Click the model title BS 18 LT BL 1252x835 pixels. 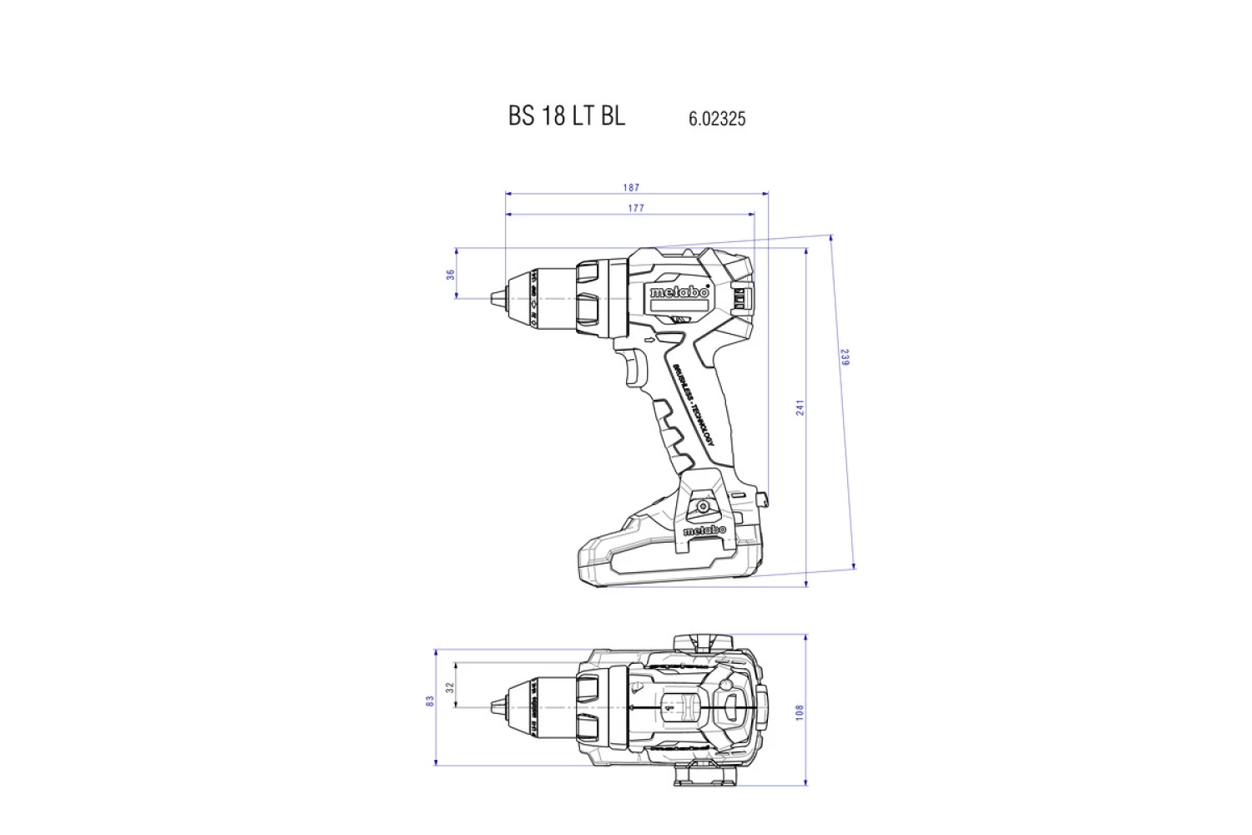(x=566, y=115)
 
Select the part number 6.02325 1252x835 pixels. (x=716, y=119)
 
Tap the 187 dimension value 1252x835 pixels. (x=631, y=187)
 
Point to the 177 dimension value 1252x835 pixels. (x=636, y=208)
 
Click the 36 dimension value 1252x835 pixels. (x=451, y=274)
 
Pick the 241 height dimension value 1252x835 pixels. (x=800, y=407)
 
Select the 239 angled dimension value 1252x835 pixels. (x=844, y=357)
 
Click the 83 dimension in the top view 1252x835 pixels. (x=430, y=701)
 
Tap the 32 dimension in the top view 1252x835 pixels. (x=449, y=687)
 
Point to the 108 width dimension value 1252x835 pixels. (x=800, y=711)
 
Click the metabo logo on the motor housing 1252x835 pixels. (x=679, y=292)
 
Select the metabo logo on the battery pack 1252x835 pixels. (x=704, y=530)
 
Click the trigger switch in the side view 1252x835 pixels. (x=634, y=367)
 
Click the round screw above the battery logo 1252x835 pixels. (x=704, y=506)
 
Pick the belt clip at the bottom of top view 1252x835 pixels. (x=705, y=777)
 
